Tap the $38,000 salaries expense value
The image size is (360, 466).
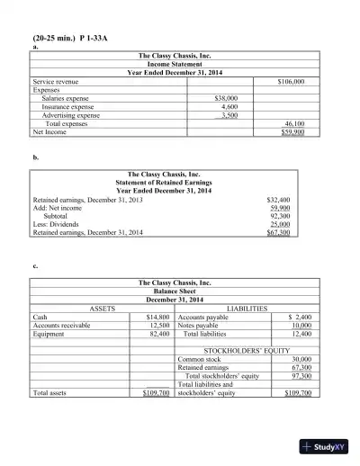pos(224,98)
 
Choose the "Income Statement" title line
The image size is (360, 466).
pos(177,65)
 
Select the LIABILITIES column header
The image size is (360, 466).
pos(247,309)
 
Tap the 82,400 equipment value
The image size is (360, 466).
pos(159,333)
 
